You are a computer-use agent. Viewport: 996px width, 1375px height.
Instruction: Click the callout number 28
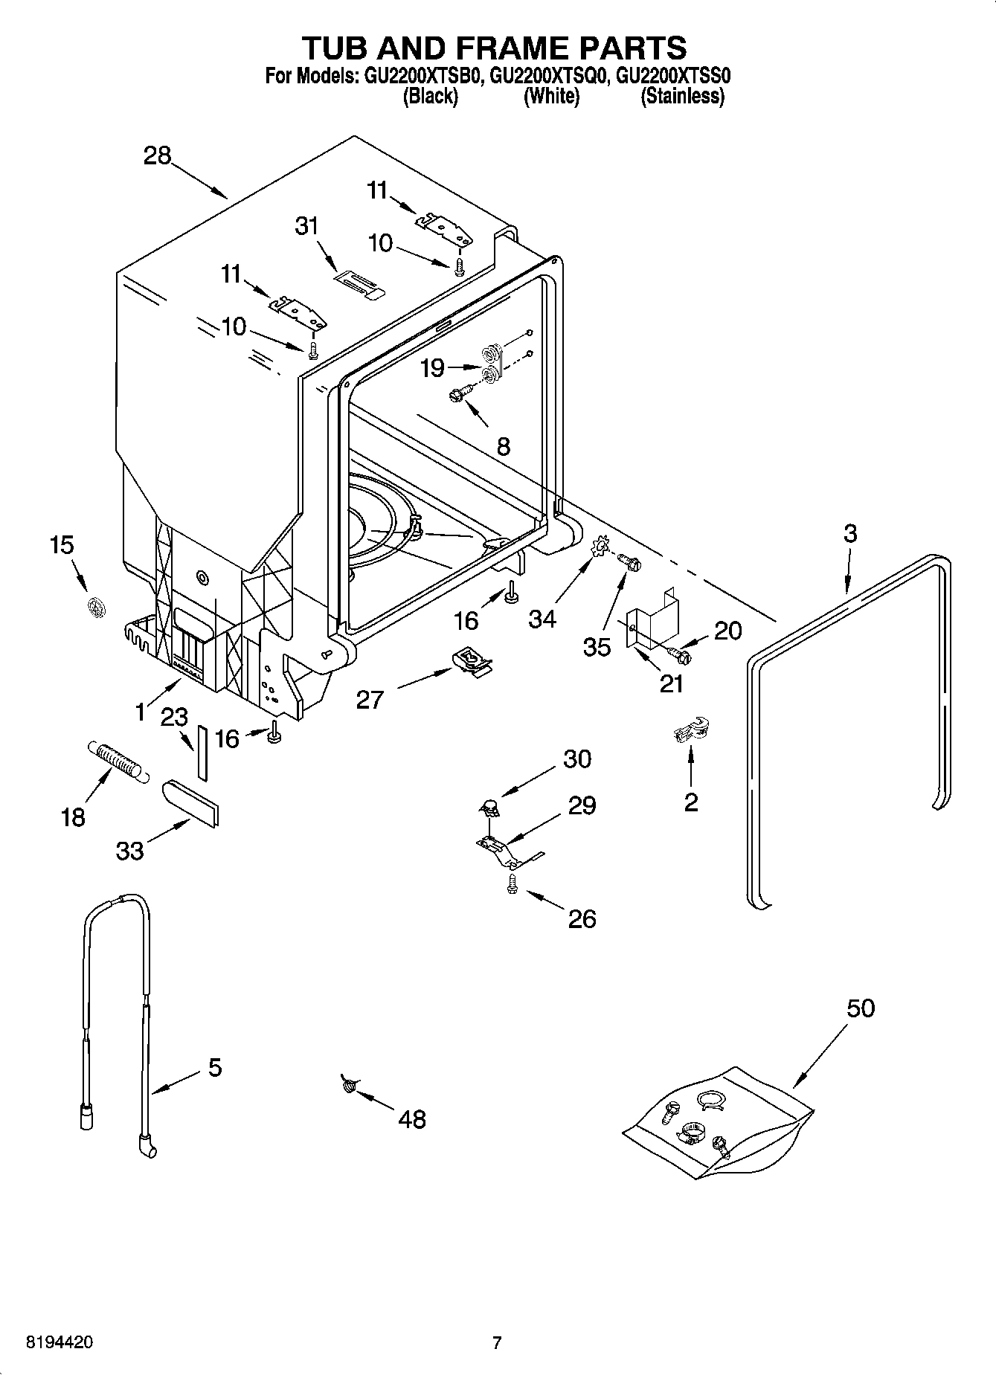pos(158,155)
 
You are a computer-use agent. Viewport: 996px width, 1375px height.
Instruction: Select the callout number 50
pos(861,1008)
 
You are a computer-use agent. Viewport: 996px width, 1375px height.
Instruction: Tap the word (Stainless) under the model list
pos(682,96)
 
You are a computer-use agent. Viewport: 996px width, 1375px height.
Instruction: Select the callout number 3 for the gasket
pos(850,533)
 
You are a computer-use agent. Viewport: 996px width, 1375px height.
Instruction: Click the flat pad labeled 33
pos(190,802)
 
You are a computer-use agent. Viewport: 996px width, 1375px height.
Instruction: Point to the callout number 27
pos(370,699)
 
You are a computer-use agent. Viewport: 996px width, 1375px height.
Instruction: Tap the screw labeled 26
pos(512,883)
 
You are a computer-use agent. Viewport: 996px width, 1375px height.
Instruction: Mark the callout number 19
pos(432,367)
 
